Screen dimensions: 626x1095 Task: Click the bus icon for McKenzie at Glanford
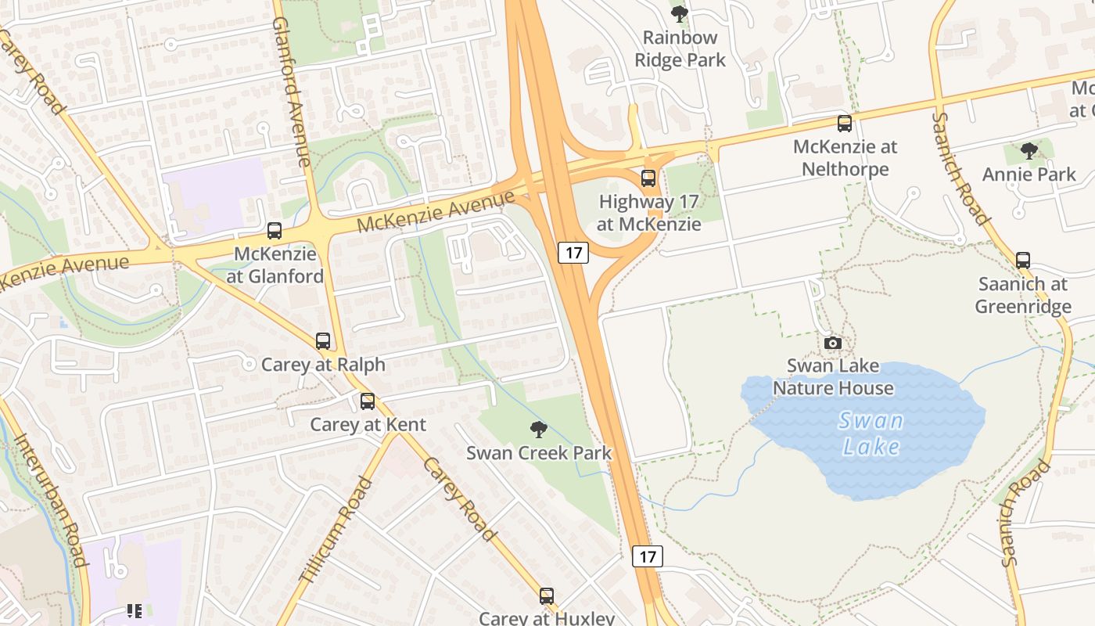275,231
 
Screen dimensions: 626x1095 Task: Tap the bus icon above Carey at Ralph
323,341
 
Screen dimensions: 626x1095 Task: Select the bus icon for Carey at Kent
368,401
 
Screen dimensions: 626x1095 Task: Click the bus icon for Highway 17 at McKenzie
648,178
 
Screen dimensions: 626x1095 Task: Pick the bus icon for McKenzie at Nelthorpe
845,124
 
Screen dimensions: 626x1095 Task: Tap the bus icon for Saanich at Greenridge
1023,261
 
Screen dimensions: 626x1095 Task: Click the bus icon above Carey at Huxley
547,596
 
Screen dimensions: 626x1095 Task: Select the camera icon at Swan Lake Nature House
833,343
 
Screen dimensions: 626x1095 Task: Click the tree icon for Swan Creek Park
538,429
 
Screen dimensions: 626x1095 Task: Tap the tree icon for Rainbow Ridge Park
680,13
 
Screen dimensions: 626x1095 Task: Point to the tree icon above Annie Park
1029,151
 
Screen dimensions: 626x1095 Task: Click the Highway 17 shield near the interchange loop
573,252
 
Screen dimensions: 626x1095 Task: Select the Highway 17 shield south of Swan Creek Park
647,556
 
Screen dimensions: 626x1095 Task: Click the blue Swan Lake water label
871,434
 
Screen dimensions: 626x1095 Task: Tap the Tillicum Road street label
336,529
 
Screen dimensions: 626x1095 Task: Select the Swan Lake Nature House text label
833,377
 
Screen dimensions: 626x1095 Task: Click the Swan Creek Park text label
539,453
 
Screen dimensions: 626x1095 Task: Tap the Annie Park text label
1029,174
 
